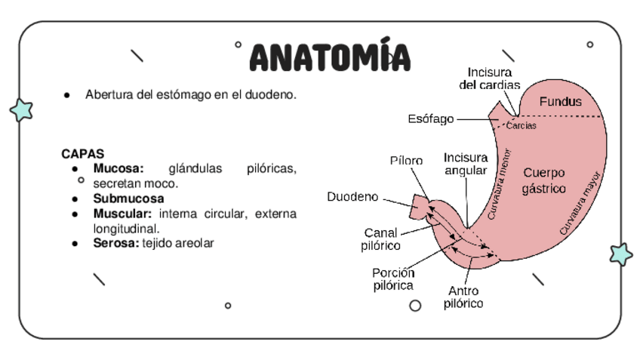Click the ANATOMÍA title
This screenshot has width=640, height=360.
pyautogui.click(x=330, y=57)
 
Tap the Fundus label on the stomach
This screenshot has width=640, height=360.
pyautogui.click(x=560, y=101)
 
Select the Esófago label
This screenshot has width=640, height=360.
pyautogui.click(x=430, y=118)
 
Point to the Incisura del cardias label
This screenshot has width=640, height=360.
pyautogui.click(x=489, y=78)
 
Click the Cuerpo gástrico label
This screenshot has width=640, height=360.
pyautogui.click(x=543, y=180)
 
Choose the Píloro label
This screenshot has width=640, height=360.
pyautogui.click(x=406, y=160)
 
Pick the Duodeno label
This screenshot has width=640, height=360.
pyautogui.click(x=352, y=197)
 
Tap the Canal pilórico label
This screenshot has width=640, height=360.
pyautogui.click(x=380, y=238)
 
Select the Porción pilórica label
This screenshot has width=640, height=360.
pyautogui.click(x=392, y=279)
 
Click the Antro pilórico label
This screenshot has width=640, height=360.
pyautogui.click(x=463, y=297)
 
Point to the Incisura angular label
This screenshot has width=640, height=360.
pyautogui.click(x=465, y=164)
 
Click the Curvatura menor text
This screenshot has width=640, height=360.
pyautogui.click(x=499, y=184)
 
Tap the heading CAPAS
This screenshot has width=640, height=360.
pyautogui.click(x=82, y=153)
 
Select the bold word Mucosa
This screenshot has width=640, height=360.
pyautogui.click(x=118, y=168)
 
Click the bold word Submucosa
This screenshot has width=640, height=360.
pyautogui.click(x=128, y=198)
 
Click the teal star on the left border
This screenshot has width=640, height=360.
pyautogui.click(x=22, y=110)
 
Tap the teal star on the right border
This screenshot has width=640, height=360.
pyautogui.click(x=621, y=254)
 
